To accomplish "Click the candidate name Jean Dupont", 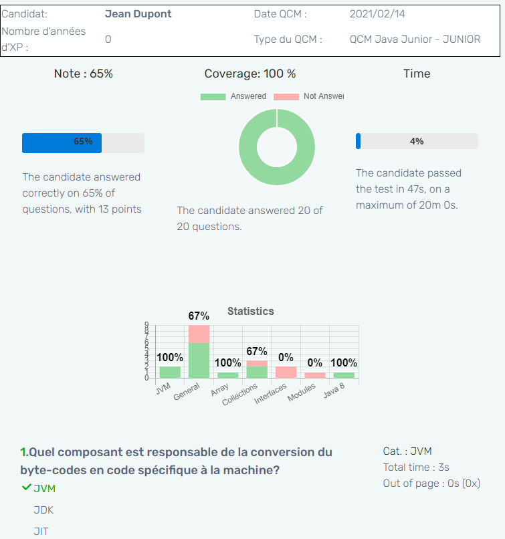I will [138, 14].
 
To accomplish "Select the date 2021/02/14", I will [377, 14].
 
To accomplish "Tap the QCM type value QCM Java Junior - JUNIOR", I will [415, 39].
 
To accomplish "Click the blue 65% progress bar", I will [62, 142].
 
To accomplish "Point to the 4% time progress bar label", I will [417, 141].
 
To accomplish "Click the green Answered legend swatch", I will [213, 97].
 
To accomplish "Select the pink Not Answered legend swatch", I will [285, 97].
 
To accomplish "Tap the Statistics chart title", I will [251, 311].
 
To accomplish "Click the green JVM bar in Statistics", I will [169, 372].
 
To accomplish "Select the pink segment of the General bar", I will [199, 334].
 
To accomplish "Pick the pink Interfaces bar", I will [286, 372].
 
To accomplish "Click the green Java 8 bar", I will [344, 375].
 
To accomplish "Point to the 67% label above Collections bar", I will [257, 351].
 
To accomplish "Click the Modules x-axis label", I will [302, 393].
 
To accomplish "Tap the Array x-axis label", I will [220, 390].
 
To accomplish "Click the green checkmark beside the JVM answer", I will [27, 488].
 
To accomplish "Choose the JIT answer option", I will [41, 532].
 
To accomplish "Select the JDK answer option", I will [43, 510].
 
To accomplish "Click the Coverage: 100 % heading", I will [250, 74].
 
